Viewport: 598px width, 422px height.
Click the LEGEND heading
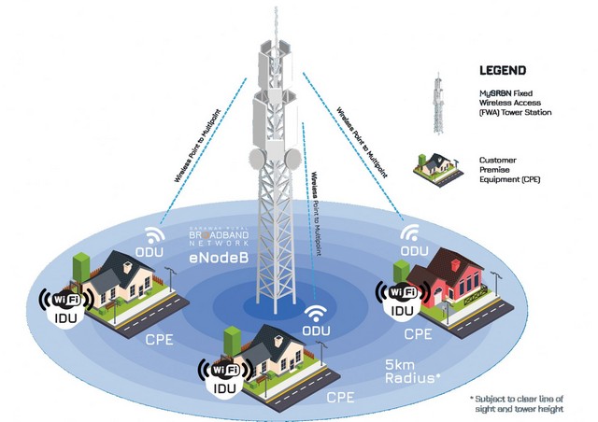501,70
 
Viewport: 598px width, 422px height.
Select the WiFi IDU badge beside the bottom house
219,373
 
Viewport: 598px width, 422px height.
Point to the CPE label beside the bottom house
341,398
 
